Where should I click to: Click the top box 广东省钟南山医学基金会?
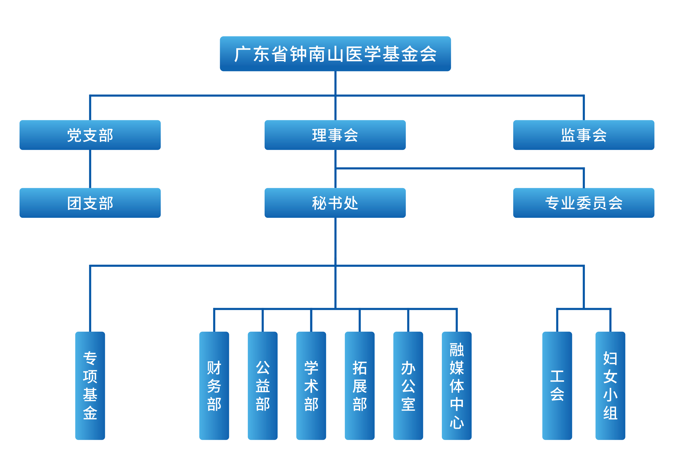[335, 54]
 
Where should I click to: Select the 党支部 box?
[90, 135]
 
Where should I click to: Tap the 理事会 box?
[335, 135]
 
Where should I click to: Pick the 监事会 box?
[584, 135]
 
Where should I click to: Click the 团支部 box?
[90, 203]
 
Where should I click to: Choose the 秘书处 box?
[335, 203]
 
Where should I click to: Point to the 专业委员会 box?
[584, 203]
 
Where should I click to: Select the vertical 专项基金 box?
[90, 385]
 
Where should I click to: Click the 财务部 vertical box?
[214, 385]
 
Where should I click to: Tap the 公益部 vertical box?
[263, 385]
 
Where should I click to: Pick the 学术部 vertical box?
[311, 385]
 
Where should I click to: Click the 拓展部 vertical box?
[360, 385]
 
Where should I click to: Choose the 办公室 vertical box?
[408, 385]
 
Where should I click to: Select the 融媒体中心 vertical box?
[457, 385]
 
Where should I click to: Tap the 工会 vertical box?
[557, 385]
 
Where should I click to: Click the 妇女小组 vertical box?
[610, 385]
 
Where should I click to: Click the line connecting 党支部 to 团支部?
[90, 169]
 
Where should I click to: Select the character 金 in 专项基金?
[90, 412]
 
